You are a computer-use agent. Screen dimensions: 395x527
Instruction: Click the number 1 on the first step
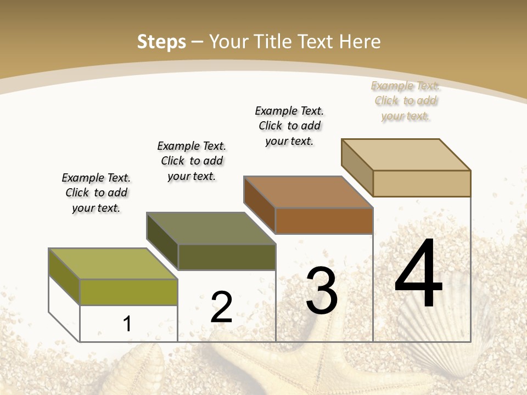click(127, 324)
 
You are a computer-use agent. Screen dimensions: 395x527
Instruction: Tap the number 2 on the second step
click(221, 307)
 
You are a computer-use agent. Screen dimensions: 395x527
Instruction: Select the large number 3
click(322, 291)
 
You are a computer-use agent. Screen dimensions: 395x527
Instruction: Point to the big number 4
click(418, 274)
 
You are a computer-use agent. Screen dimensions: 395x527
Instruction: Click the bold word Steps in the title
click(161, 42)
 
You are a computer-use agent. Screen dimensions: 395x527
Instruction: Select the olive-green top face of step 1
click(113, 263)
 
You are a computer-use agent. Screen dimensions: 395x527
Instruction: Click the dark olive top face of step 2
click(211, 228)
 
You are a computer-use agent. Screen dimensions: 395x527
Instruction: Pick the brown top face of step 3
click(309, 192)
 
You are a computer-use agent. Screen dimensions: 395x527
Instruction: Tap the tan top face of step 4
click(406, 155)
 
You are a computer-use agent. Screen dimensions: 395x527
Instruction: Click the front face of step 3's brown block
click(324, 221)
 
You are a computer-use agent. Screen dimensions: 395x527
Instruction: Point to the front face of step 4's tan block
click(422, 183)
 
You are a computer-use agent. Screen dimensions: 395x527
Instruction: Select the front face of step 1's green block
click(128, 292)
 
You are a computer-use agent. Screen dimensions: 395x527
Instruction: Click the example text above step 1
click(96, 193)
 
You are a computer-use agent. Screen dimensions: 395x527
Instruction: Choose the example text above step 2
click(192, 161)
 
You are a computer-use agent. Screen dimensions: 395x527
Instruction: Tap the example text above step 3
click(289, 126)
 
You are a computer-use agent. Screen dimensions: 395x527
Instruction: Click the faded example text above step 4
click(406, 100)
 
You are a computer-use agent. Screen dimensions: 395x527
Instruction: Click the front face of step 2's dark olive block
click(226, 257)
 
